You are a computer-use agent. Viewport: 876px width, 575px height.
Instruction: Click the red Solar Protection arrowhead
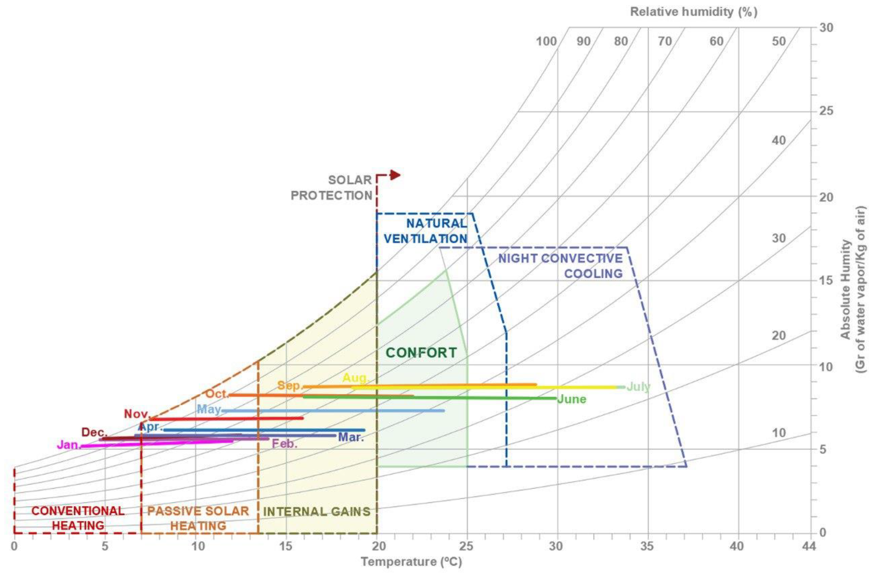click(x=395, y=175)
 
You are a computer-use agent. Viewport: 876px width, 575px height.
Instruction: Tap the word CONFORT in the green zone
click(x=421, y=353)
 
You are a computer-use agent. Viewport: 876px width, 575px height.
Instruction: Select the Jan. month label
click(x=68, y=445)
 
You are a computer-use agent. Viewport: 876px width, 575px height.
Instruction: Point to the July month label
click(x=638, y=387)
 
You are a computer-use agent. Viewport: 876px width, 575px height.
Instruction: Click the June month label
click(x=572, y=399)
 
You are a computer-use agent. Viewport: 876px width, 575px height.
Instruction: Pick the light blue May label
click(x=209, y=409)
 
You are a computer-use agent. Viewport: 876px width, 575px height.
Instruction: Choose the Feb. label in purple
click(x=284, y=444)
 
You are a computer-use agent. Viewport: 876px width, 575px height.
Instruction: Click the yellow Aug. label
click(x=355, y=378)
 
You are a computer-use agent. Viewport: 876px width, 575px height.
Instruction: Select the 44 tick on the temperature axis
click(x=809, y=547)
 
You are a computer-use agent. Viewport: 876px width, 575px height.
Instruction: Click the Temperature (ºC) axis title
click(x=411, y=562)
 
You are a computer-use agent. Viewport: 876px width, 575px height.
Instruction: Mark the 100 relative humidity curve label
click(x=546, y=42)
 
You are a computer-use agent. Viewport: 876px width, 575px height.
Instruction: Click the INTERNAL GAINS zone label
click(x=317, y=512)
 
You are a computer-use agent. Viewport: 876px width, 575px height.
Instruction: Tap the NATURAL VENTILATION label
click(x=426, y=231)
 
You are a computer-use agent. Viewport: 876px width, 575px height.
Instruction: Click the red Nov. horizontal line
click(x=226, y=419)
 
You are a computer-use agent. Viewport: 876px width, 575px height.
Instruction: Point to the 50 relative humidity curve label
click(x=779, y=42)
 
